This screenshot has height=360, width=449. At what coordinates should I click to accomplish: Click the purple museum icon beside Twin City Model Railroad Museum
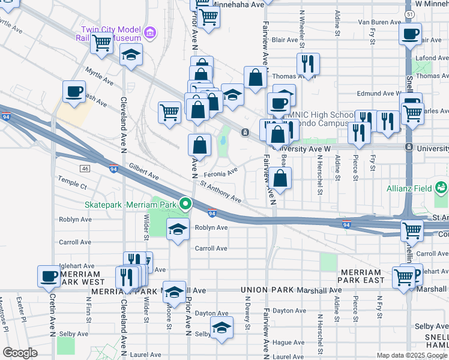150,31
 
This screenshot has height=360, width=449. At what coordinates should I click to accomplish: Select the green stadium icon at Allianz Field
441,188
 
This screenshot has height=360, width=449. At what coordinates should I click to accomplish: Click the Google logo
20,353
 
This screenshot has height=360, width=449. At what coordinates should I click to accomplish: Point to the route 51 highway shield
409,13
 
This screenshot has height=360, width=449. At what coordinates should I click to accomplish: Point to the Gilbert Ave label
143,174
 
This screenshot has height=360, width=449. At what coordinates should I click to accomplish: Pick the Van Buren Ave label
379,22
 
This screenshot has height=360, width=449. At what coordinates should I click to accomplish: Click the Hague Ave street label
289,342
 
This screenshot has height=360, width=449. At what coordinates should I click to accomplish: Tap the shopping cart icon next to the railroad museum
102,43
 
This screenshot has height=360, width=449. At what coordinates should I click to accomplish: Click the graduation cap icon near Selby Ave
221,328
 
